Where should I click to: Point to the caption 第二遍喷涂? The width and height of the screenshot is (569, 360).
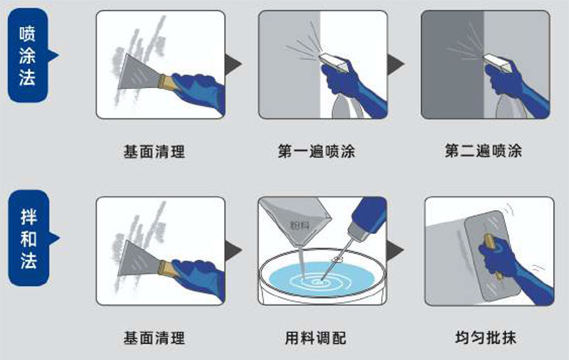pos(483,152)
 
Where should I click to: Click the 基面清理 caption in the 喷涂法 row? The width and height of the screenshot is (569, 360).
pos(154,152)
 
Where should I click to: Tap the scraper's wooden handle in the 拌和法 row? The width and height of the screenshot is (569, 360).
pos(165,267)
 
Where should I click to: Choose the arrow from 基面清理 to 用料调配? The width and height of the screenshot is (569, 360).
pos(233,250)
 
